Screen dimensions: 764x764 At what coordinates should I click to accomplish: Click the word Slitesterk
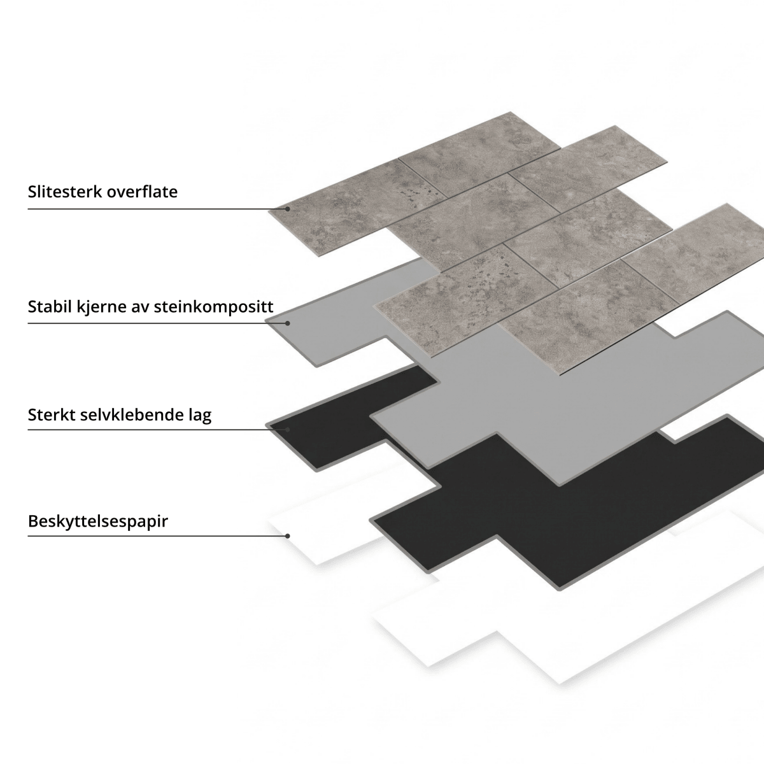tap(65, 192)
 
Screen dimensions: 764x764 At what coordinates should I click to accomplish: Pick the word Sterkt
tap(51, 414)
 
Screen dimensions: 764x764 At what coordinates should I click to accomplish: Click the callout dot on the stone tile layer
tap(287, 209)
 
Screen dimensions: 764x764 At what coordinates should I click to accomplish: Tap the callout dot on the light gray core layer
tap(287, 323)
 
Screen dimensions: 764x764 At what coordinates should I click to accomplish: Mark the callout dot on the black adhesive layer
tap(287, 429)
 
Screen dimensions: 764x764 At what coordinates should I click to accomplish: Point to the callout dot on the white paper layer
tap(287, 536)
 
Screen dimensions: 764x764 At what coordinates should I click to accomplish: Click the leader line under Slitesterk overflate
tap(157, 209)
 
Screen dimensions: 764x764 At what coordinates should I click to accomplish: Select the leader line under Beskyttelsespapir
tap(157, 536)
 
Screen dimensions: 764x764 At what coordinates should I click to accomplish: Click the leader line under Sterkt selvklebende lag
tap(157, 429)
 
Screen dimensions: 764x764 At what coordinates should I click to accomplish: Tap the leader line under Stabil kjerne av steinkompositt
tap(157, 323)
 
